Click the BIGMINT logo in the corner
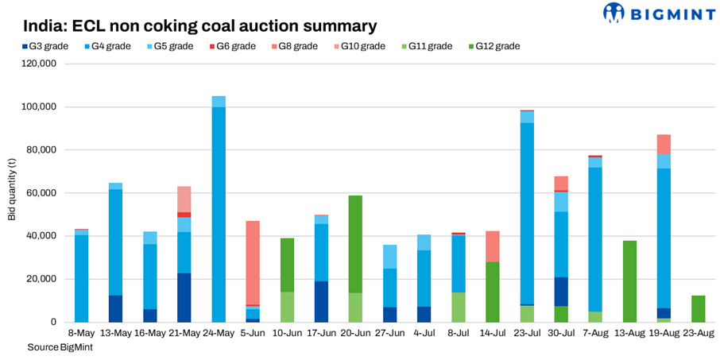click(656, 14)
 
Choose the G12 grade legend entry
click(497, 46)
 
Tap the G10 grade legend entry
click(362, 46)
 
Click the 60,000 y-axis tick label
click(39, 193)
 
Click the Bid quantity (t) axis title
click(12, 193)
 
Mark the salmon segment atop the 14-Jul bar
click(493, 246)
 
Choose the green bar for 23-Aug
click(698, 308)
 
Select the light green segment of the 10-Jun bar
click(287, 307)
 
